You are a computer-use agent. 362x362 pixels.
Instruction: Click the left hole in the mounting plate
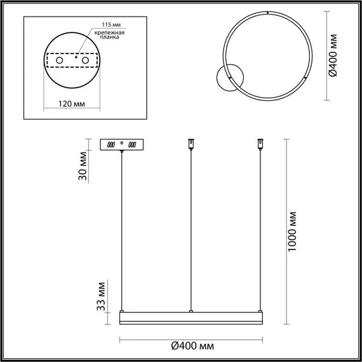(x=60, y=60)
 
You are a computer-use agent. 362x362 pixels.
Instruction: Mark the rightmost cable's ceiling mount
(x=259, y=144)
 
